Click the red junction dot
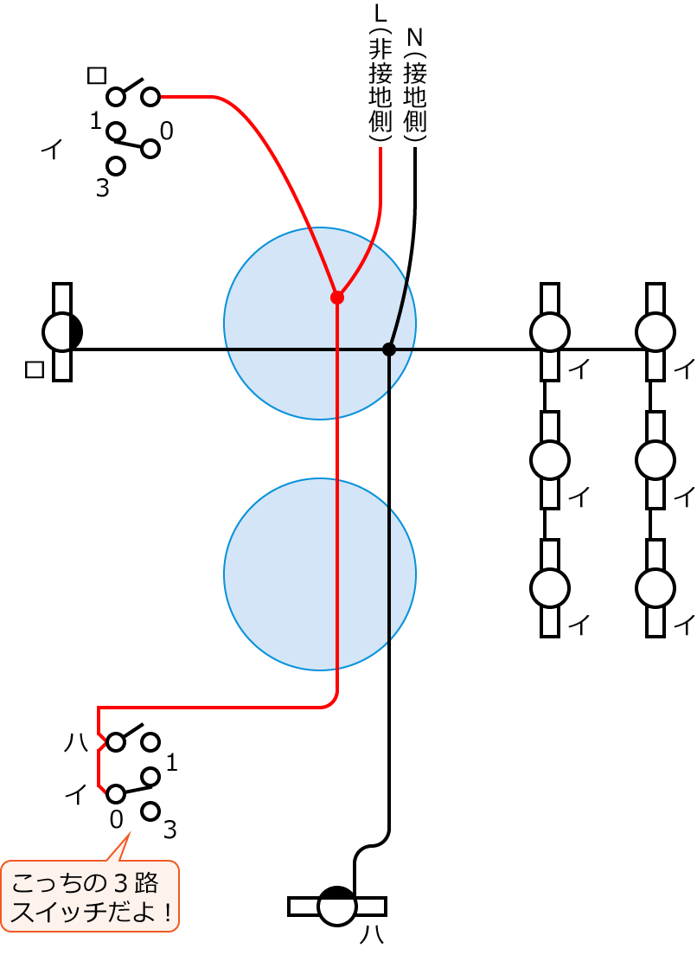click(x=337, y=298)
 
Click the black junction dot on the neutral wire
click(x=389, y=349)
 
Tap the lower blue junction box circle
click(x=320, y=574)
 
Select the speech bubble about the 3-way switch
click(x=90, y=895)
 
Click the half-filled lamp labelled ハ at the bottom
click(x=336, y=907)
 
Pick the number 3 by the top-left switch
click(x=102, y=189)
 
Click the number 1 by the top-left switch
click(x=96, y=122)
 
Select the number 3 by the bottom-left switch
click(x=169, y=830)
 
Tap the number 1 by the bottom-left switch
click(x=171, y=763)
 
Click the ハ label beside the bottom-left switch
click(x=76, y=742)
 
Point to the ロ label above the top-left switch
click(x=97, y=75)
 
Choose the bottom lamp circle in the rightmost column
click(x=655, y=588)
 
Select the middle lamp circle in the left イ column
click(x=549, y=460)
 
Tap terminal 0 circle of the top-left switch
click(x=150, y=149)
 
